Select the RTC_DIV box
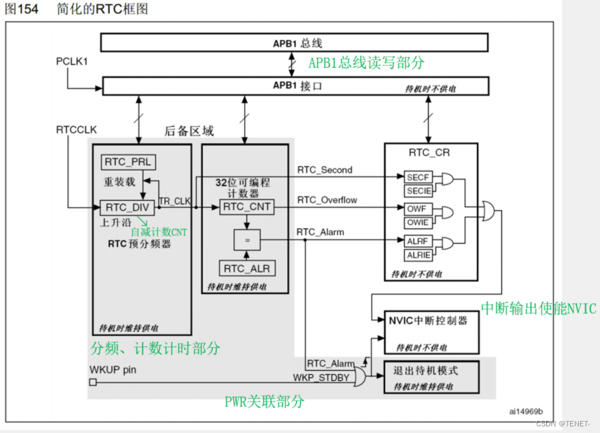(126, 207)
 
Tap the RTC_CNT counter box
(247, 207)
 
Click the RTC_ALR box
(247, 269)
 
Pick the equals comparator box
(247, 239)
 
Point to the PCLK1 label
(72, 61)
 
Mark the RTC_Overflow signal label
(327, 200)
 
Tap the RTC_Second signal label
(325, 170)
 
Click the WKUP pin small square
(92, 382)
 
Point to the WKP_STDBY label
(321, 377)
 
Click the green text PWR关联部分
(264, 402)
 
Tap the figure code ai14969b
(526, 411)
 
